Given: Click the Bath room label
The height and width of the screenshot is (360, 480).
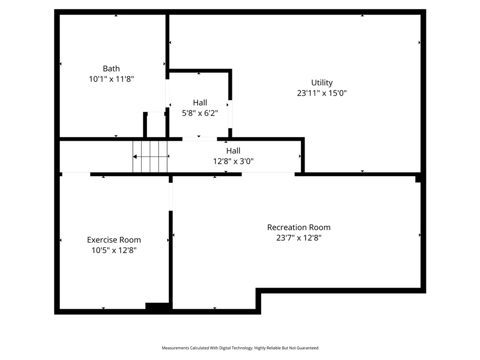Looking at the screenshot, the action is pos(111,69).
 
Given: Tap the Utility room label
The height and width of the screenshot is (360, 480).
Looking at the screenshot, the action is pos(322,83).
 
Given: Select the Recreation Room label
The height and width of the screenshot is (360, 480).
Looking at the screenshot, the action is pos(299,227).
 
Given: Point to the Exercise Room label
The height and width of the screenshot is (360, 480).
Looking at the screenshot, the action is pos(114,240).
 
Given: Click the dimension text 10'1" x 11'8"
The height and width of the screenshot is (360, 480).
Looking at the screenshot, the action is pos(111,79).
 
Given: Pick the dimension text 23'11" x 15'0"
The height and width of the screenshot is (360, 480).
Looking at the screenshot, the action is pos(322,93).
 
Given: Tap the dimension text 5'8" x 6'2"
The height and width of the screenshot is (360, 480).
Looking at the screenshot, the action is pos(200,113).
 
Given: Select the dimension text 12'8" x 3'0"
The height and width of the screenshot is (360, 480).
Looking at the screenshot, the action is pos(234,161).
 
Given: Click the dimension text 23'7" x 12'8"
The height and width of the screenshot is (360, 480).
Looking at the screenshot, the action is pos(299,238).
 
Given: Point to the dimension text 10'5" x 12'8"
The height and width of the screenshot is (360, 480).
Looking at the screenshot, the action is pos(114,250).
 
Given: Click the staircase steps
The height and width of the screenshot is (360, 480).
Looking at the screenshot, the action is pos(150,156).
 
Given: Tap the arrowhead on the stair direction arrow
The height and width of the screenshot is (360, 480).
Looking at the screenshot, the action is pos(134,157).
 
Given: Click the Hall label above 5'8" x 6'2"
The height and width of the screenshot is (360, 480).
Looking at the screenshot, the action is pos(200,102).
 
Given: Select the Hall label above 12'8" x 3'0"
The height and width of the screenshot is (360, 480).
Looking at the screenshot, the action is pos(234,151).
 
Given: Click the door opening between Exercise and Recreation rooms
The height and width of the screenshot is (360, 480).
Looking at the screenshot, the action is pos(171,196).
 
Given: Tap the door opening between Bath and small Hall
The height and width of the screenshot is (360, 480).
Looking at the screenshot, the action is pos(168,93).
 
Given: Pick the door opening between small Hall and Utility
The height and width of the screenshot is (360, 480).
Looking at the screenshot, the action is pos(230,114).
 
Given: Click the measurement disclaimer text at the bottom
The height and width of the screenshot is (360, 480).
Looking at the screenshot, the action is pos(240,348).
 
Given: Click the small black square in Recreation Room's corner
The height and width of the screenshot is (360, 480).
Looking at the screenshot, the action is pos(418,179).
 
